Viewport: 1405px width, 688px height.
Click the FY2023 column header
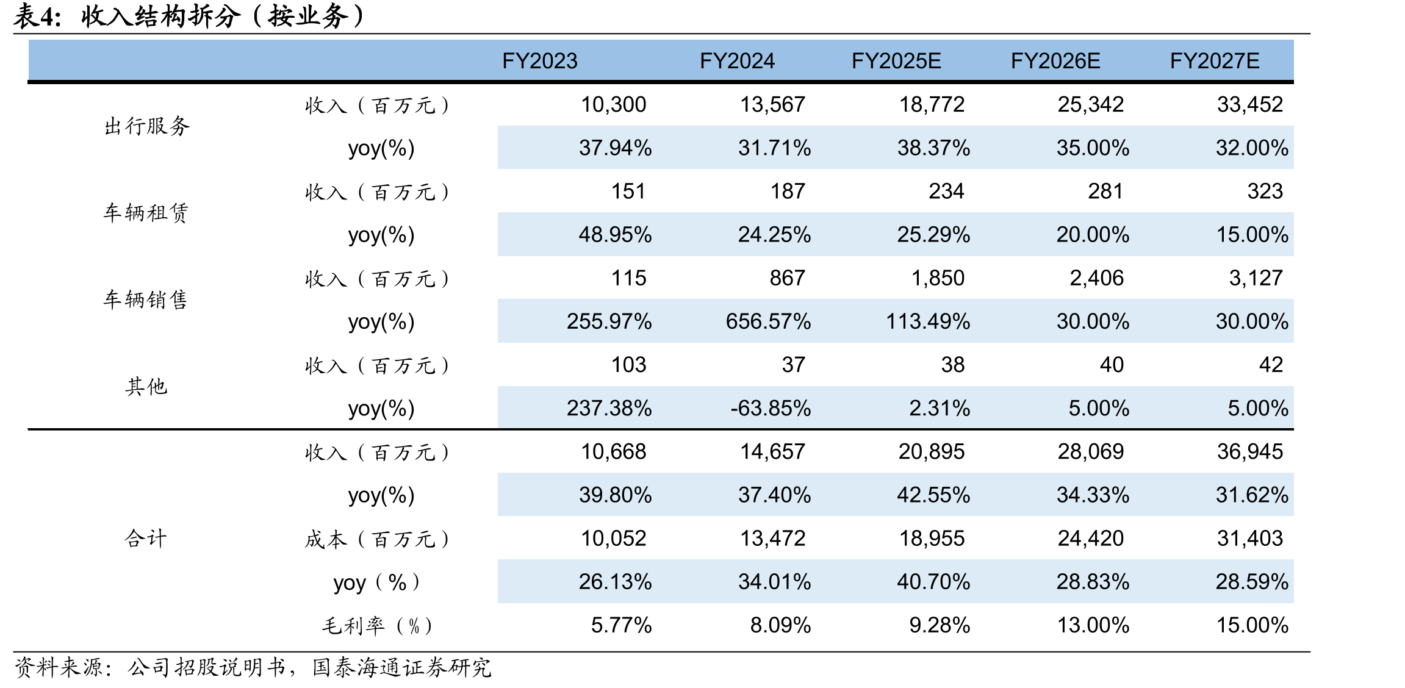[x=539, y=61]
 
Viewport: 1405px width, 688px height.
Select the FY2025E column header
[x=896, y=61]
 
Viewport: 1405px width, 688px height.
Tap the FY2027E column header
[x=1215, y=61]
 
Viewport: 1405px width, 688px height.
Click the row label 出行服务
[x=147, y=126]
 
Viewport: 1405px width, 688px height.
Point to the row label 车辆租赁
[x=146, y=213]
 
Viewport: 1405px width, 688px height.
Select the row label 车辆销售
[x=146, y=299]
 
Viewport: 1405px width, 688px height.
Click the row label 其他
[x=146, y=387]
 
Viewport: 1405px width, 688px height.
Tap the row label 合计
[x=146, y=539]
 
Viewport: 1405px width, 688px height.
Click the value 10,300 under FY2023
[x=613, y=104]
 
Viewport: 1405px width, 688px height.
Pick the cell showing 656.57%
[x=768, y=321]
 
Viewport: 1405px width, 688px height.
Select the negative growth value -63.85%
[x=771, y=408]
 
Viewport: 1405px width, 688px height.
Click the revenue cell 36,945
[x=1250, y=451]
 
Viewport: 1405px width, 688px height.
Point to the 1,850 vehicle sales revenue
[x=938, y=278]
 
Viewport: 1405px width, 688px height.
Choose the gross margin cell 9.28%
[x=940, y=625]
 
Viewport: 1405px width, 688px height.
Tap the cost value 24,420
[x=1091, y=539]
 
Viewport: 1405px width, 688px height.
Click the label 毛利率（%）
[x=378, y=626]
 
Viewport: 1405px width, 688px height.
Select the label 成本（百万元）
[x=378, y=539]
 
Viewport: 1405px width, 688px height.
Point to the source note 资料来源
[x=59, y=667]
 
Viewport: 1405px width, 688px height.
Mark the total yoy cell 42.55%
[x=933, y=495]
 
